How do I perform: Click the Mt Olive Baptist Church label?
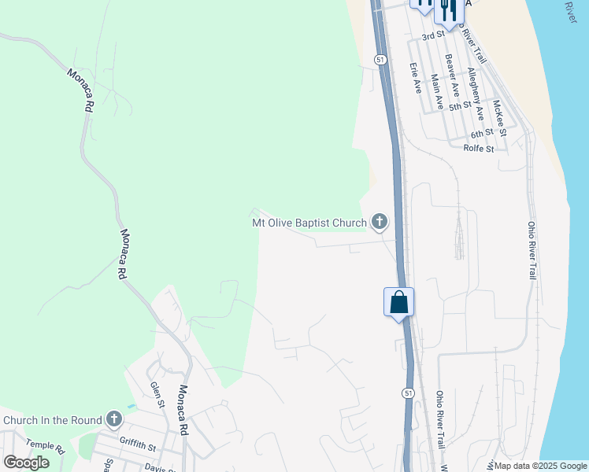click(x=309, y=223)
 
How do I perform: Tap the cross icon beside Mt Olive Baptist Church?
click(x=380, y=223)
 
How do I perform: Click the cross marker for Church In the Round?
click(x=114, y=419)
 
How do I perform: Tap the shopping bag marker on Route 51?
click(x=398, y=302)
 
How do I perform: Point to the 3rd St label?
click(x=434, y=36)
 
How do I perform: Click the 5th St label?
click(x=459, y=104)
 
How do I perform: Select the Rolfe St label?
click(x=478, y=148)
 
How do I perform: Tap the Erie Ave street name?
click(x=415, y=78)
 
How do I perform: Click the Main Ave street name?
click(x=435, y=92)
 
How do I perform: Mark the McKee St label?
click(x=498, y=115)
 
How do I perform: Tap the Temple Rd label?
click(x=44, y=446)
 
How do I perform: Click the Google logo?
click(x=26, y=463)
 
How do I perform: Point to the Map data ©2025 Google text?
click(x=541, y=466)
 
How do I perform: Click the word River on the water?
click(x=572, y=12)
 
